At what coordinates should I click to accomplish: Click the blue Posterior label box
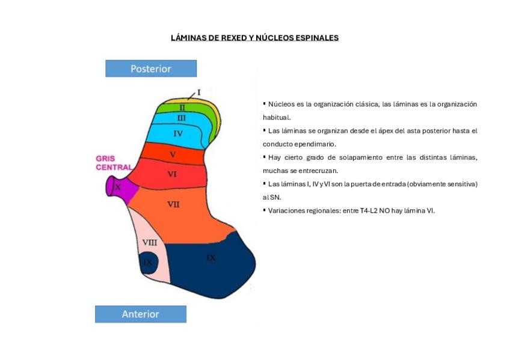151,69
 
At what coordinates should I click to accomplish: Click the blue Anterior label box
141,314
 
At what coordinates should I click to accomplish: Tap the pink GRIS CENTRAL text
113,163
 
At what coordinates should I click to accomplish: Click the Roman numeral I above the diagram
199,93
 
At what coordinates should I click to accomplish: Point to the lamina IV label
178,133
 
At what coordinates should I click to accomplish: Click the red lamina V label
173,154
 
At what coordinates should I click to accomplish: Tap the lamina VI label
172,174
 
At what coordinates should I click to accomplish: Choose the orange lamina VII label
173,204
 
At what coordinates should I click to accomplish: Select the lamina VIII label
149,242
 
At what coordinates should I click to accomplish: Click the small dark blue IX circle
148,262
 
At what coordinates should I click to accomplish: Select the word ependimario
315,144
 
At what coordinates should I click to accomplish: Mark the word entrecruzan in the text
317,170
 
